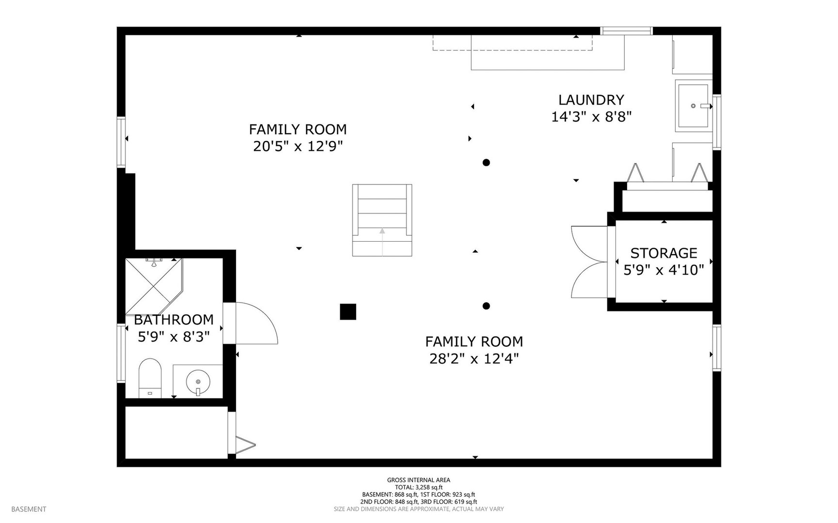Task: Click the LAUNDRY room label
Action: (591, 100)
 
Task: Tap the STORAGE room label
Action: (664, 253)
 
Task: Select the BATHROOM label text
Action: (174, 320)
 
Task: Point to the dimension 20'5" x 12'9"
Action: (298, 146)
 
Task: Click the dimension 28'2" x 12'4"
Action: (474, 359)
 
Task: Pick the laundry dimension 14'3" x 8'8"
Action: (591, 117)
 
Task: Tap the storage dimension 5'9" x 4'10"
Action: (664, 270)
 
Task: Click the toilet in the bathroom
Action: (150, 378)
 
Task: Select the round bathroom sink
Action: (198, 382)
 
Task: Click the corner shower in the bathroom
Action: (154, 286)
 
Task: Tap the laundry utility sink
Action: (694, 106)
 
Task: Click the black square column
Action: (348, 312)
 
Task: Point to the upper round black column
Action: (486, 163)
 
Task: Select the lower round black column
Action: (486, 306)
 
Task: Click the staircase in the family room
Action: (382, 220)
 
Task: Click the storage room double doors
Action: (589, 262)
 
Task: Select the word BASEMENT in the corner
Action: (29, 509)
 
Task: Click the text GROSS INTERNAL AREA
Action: (419, 480)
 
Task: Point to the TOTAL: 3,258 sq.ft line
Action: (419, 488)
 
